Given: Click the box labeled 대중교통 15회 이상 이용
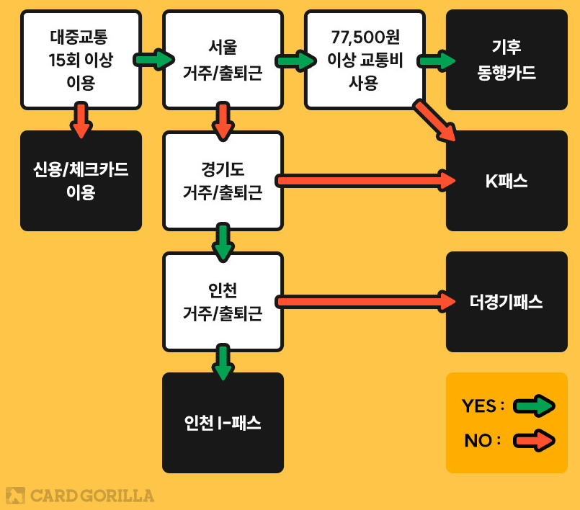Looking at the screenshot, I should (81, 60).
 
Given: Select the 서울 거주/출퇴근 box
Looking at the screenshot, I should (223, 60).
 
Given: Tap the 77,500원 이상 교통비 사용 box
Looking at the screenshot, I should (364, 60).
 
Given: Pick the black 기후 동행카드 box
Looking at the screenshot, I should (507, 60).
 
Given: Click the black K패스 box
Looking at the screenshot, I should (507, 181).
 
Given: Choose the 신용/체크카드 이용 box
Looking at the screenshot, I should (81, 181).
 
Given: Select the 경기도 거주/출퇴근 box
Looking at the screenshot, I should (223, 181).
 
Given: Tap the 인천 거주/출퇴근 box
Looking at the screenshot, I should (223, 302).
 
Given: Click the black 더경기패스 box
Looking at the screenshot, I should (507, 302).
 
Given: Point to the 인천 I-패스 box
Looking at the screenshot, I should (223, 423).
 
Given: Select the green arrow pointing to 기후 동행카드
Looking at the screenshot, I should (437, 61).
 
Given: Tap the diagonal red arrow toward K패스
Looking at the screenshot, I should (435, 120).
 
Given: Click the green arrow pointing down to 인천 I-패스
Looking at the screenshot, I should (223, 362).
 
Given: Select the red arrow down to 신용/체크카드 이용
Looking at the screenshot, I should (81, 120).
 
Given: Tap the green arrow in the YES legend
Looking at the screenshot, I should (533, 406).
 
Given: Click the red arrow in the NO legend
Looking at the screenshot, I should (533, 441).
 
